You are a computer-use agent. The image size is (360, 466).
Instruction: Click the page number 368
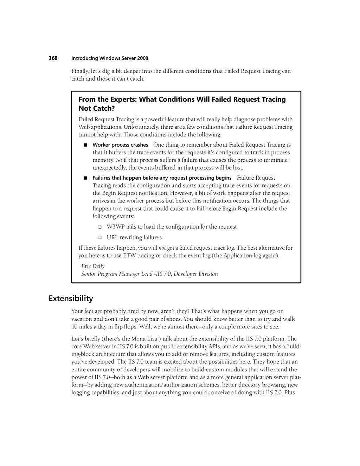(53, 58)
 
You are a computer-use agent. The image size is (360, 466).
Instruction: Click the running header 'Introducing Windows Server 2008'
(110, 58)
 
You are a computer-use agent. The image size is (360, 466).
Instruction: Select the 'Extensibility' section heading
(71, 299)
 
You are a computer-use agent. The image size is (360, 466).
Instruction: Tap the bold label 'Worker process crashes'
(120, 145)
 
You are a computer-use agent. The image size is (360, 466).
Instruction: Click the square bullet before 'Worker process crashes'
(85, 145)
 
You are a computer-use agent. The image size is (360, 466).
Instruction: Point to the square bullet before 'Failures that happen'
(85, 178)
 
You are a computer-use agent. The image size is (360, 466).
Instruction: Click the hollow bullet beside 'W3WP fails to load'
(99, 227)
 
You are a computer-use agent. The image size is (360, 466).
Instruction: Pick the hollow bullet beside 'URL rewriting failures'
(99, 237)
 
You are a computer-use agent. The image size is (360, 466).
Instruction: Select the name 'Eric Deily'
(93, 266)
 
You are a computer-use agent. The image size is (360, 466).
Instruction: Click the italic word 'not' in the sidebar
(162, 248)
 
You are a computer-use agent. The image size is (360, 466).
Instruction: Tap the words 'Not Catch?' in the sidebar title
(97, 108)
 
